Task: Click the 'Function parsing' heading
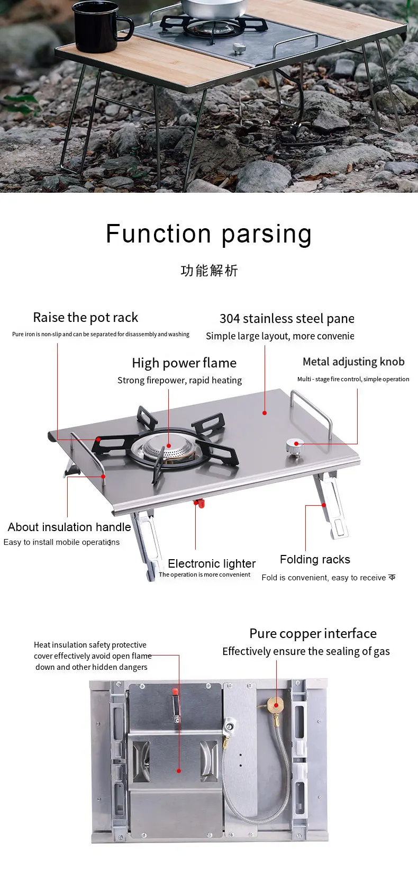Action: pos(208,234)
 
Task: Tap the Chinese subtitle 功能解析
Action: pos(209,271)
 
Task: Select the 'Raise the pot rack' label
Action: pos(85,318)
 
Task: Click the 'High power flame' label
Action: pos(184,363)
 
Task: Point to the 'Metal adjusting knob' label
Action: pos(353,362)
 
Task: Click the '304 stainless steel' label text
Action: pos(286,319)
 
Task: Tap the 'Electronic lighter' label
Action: pos(212,563)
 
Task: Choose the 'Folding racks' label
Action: pos(315,560)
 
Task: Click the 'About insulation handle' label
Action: pos(69,527)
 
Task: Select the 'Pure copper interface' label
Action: pos(313,634)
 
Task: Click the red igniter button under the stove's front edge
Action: pos(199,503)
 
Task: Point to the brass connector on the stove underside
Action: pos(275,704)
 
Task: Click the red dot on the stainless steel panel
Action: pos(265,413)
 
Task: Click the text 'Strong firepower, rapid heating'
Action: pos(179,380)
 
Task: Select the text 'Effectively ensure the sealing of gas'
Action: pos(306,651)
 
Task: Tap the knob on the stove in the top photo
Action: pos(239,49)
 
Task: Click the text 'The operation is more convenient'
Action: pos(204,575)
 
